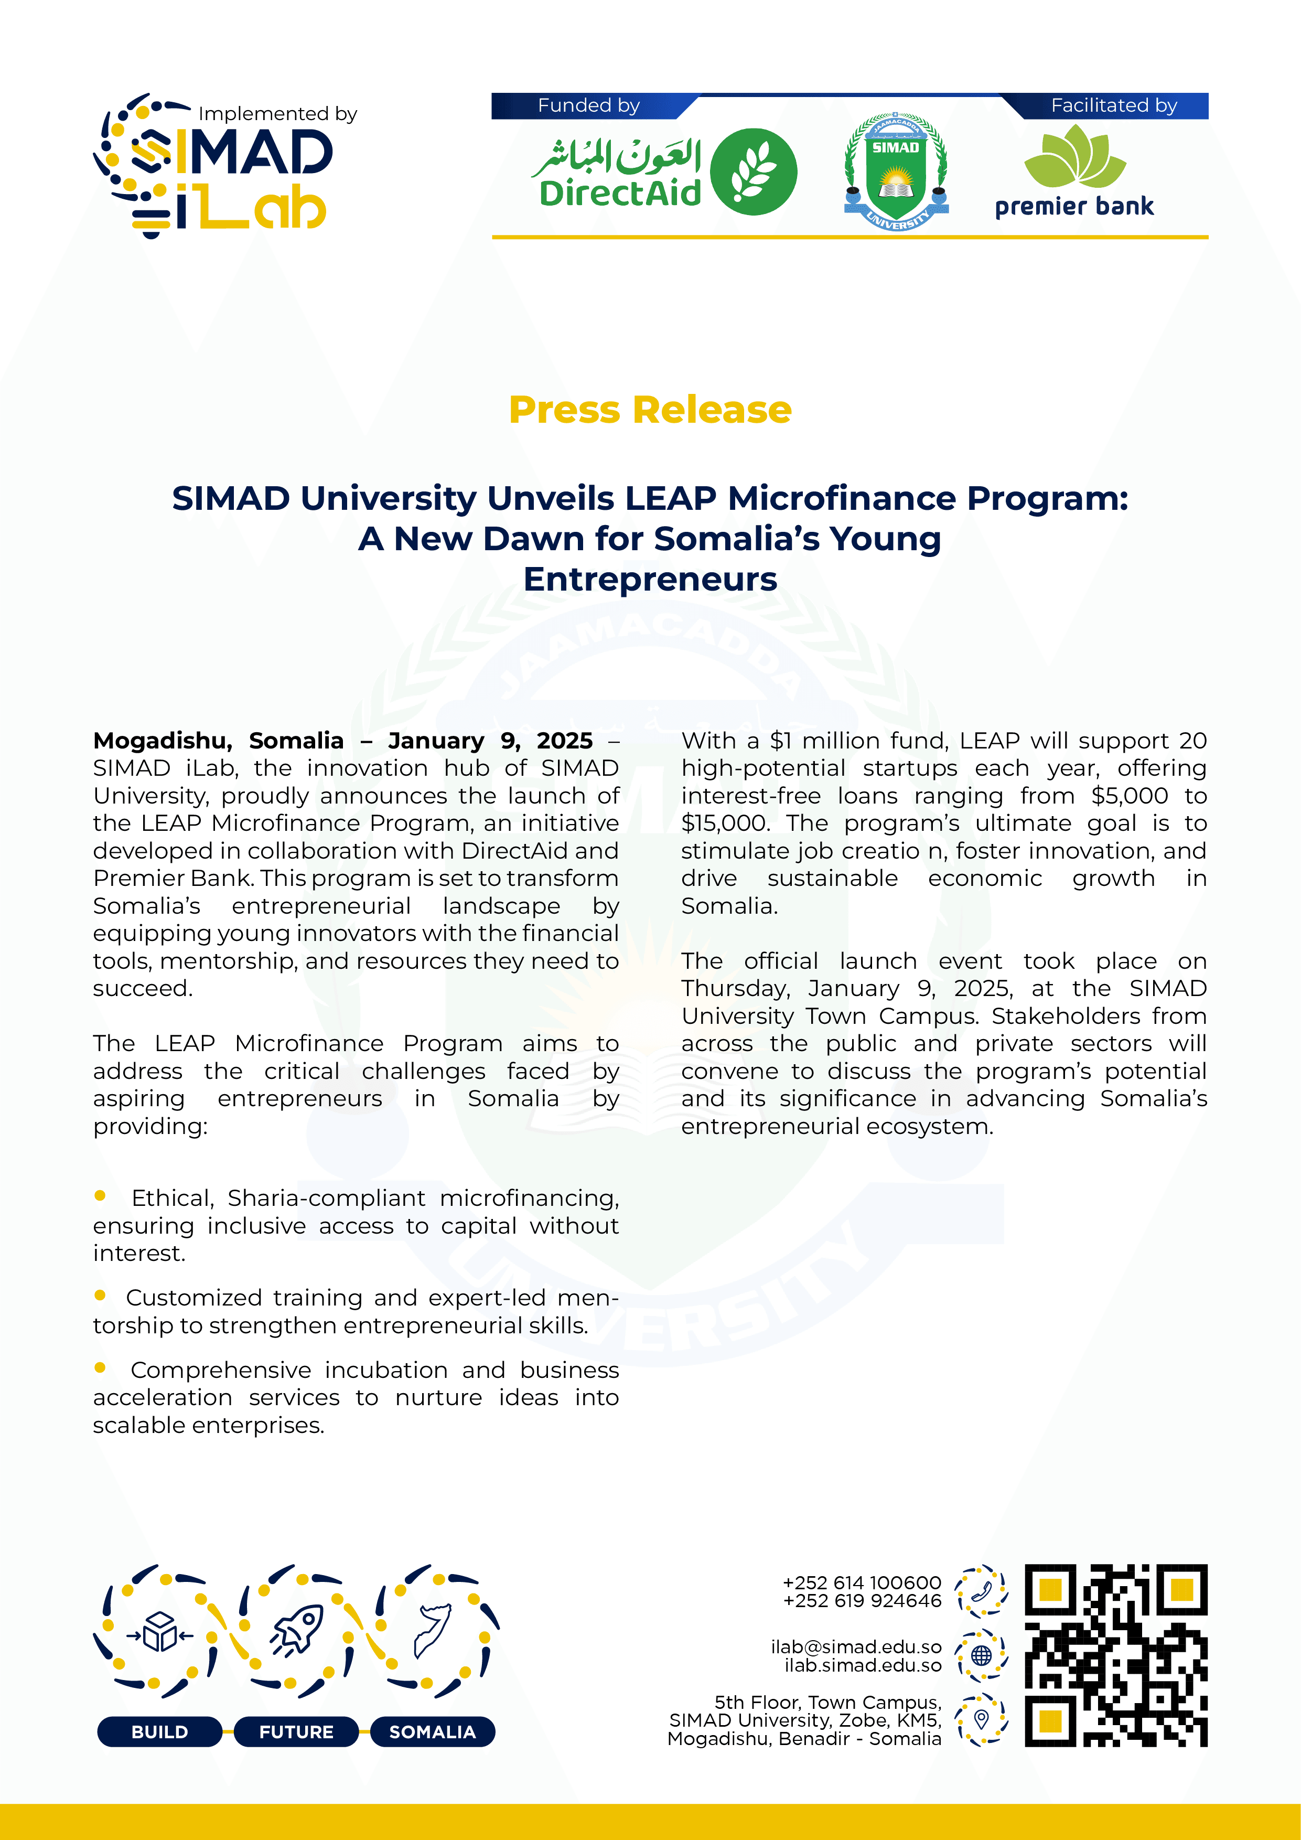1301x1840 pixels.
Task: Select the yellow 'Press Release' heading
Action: point(650,410)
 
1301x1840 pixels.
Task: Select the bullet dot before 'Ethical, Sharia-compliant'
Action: point(100,1196)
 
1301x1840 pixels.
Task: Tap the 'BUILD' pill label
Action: point(159,1732)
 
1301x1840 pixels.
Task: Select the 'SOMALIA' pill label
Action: point(432,1732)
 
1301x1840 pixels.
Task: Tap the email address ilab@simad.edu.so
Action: point(856,1647)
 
